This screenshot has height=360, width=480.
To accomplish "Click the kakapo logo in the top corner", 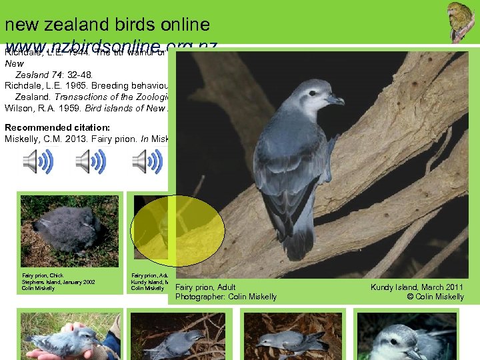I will (461, 22).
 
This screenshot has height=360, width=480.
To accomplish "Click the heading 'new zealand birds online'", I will (107, 25).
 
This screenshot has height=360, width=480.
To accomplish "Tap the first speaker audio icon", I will (37, 161).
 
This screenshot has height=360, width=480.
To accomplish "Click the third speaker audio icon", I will (147, 161).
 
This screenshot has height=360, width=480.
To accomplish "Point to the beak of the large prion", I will (335, 101).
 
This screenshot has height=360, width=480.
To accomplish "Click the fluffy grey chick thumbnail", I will (69, 230).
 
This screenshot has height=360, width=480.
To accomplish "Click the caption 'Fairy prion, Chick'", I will (43, 275).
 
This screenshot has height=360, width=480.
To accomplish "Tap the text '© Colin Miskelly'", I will (435, 297).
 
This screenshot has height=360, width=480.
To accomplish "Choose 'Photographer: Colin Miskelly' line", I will (225, 297).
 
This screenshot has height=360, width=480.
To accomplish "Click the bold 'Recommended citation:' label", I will (47, 127).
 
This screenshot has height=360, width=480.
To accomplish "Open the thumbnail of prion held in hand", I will (69, 335).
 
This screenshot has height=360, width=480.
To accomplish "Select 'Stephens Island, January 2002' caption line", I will (58, 282).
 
